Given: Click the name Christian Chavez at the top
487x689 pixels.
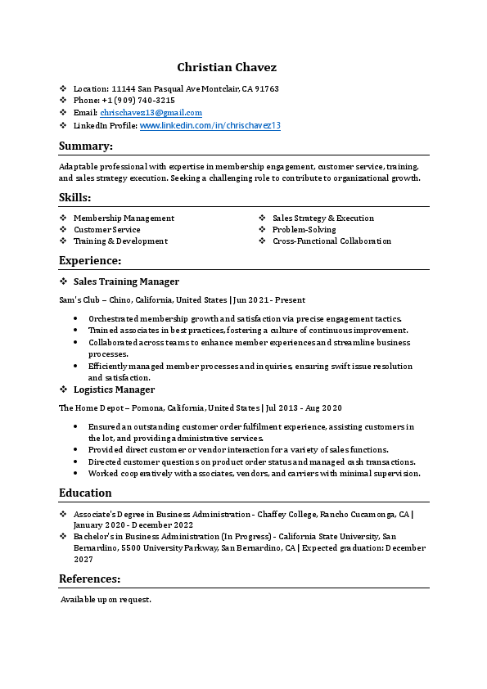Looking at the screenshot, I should (227, 67).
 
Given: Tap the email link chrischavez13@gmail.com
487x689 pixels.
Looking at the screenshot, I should (151, 112).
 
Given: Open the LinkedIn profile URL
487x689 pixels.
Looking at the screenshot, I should (210, 126).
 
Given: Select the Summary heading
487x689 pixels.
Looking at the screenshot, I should (85, 146).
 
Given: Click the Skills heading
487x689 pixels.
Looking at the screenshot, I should (74, 197).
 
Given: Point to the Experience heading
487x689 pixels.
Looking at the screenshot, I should (90, 260).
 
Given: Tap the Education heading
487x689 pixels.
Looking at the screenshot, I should (85, 493).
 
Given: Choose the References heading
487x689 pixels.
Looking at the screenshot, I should (89, 579).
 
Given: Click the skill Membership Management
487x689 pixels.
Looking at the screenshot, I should (124, 218).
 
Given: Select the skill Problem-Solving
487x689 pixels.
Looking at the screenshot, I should (304, 230).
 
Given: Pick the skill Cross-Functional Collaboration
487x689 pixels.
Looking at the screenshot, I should (331, 241).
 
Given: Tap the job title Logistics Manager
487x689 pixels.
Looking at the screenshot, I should (114, 390).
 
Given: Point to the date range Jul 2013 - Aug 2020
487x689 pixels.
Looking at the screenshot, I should (304, 408).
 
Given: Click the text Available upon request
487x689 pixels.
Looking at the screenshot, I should (106, 600).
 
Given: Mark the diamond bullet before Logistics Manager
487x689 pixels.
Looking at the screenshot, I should (64, 390).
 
